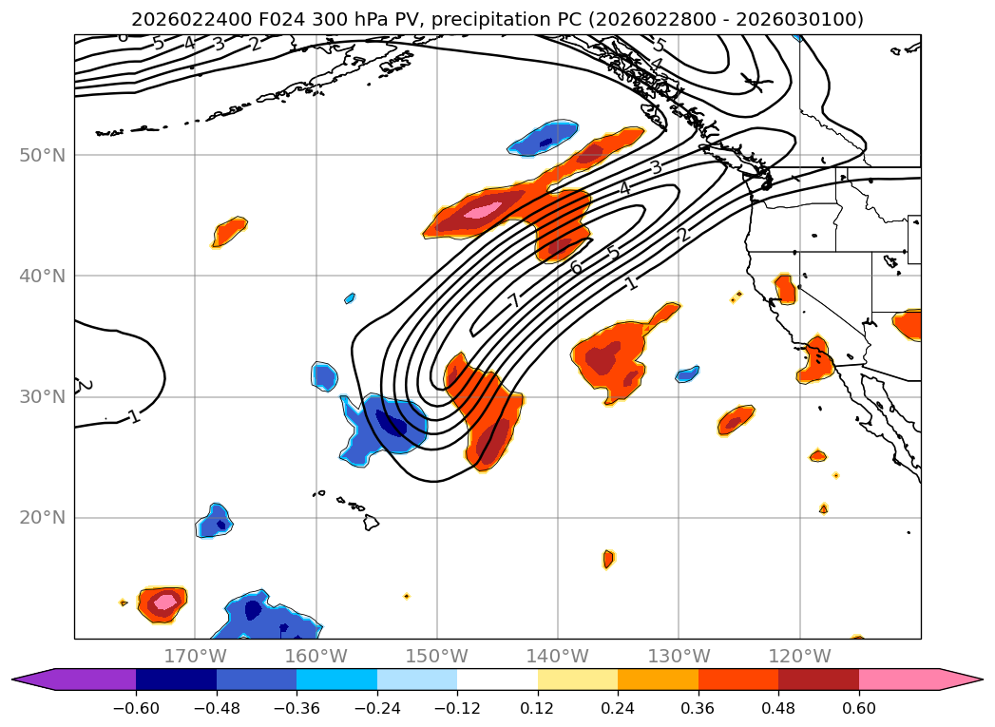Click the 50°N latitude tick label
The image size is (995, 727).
click(x=42, y=155)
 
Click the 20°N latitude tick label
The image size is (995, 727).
click(x=42, y=518)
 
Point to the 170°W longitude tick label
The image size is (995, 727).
click(x=195, y=656)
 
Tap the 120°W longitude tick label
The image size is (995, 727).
click(x=799, y=656)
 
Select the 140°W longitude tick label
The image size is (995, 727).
click(x=558, y=656)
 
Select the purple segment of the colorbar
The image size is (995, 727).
click(x=86, y=679)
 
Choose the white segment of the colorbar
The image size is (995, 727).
click(x=497, y=679)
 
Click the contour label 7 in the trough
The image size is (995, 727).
click(x=514, y=301)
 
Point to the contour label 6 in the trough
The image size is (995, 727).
click(x=576, y=268)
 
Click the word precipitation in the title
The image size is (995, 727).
click(x=502, y=19)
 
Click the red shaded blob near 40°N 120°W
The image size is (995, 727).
click(x=785, y=288)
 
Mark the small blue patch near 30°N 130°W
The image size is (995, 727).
click(x=687, y=374)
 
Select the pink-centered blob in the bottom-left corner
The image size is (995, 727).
click(x=163, y=603)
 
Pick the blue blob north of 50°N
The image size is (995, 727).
click(x=544, y=139)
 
